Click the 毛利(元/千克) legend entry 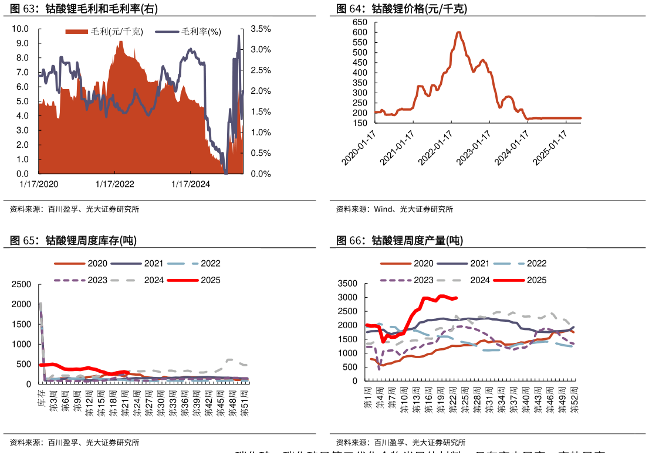(x=104, y=32)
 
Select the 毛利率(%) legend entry (x=188, y=32)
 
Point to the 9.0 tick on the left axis (x=22, y=43)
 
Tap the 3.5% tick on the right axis (x=260, y=29)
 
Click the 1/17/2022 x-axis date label (x=114, y=184)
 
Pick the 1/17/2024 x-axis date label (x=190, y=184)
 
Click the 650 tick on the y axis (x=360, y=22)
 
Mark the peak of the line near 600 (x=458, y=32)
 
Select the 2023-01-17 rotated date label (x=474, y=148)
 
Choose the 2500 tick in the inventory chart (x=21, y=284)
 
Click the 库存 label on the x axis (x=43, y=397)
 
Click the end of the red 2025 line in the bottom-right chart (x=457, y=298)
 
